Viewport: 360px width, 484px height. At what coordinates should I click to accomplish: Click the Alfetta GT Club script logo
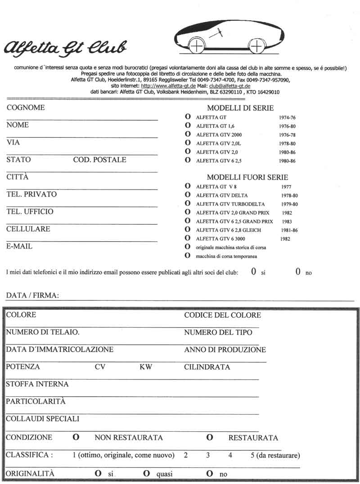[x=66, y=47]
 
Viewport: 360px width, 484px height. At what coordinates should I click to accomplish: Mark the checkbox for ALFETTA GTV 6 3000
[x=187, y=239]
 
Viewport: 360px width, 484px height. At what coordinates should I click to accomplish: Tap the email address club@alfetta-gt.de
[x=230, y=86]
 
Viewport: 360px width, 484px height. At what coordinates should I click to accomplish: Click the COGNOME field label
[x=26, y=108]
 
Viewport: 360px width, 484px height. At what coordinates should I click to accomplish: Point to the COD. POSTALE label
[x=99, y=160]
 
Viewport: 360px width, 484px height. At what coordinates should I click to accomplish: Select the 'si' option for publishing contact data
[x=254, y=271]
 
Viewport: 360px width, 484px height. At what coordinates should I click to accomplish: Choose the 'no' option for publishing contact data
[x=298, y=271]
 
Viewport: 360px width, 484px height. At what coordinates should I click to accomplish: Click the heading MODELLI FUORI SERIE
[x=247, y=177]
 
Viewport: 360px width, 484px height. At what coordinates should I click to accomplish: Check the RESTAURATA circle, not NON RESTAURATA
[x=209, y=437]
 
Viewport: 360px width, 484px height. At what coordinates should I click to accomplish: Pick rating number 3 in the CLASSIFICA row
[x=208, y=455]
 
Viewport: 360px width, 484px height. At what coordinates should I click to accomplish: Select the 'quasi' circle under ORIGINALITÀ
[x=146, y=474]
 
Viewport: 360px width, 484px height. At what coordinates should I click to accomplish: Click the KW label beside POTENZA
[x=146, y=367]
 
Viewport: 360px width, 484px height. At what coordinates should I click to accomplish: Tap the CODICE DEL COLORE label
[x=222, y=315]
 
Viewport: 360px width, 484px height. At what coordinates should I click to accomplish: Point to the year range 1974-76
[x=287, y=118]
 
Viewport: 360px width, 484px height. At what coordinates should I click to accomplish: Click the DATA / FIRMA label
[x=32, y=296]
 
